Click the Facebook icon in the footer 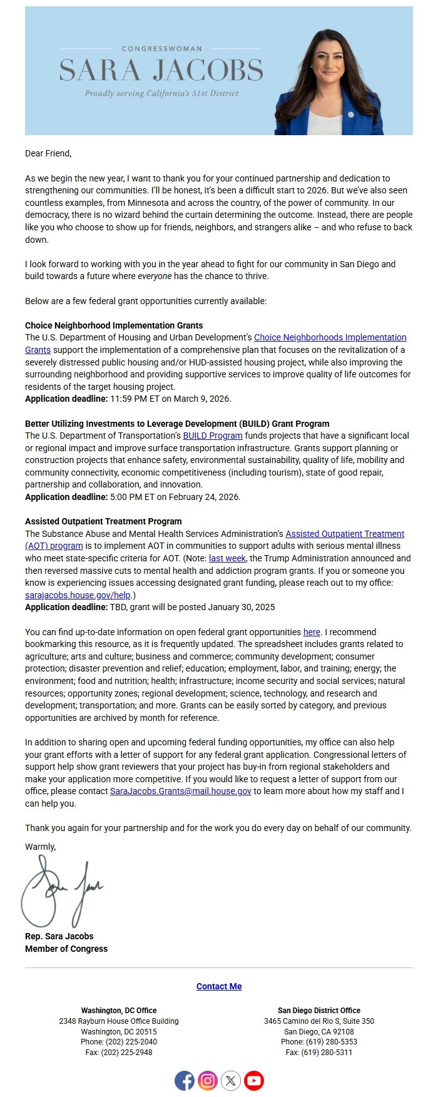click(x=185, y=1080)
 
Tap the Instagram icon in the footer click(x=208, y=1080)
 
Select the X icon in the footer click(x=231, y=1080)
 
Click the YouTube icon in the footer click(x=254, y=1080)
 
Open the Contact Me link click(x=219, y=986)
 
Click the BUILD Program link click(x=213, y=436)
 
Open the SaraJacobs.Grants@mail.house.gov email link click(x=181, y=791)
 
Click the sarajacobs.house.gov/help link click(x=78, y=595)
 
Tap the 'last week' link click(x=227, y=558)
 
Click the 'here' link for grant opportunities click(x=312, y=632)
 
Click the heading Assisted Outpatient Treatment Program click(x=103, y=521)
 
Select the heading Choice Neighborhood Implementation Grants click(x=114, y=325)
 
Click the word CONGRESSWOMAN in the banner click(x=161, y=48)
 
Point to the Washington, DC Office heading click(x=119, y=1011)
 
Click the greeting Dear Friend click(x=48, y=153)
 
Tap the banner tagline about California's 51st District click(x=161, y=93)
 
